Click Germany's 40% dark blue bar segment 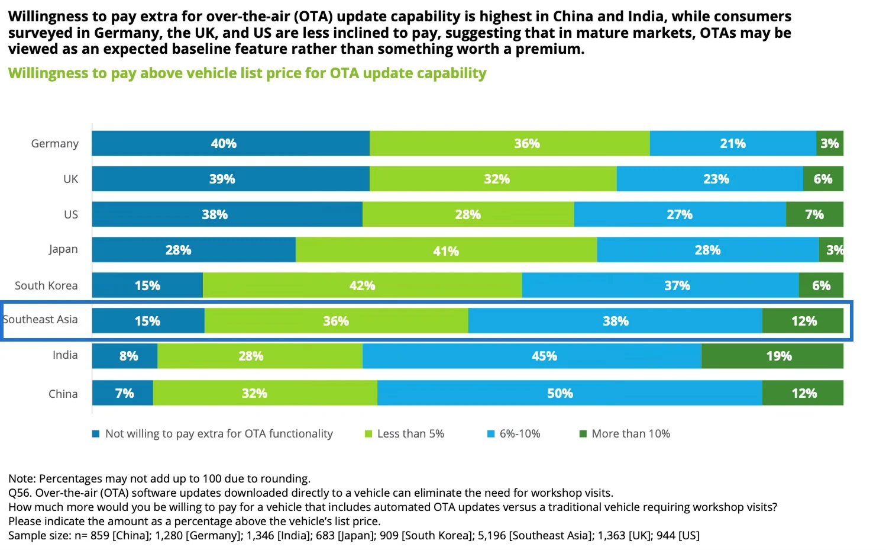231,143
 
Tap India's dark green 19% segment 772,356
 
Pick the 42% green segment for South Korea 362,285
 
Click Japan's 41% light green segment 446,250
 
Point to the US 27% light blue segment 680,214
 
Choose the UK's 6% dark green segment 823,179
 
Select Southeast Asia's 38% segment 615,321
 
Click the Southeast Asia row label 40,320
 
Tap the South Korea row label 46,285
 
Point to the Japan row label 63,249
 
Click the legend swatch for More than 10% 583,434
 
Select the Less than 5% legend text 410,434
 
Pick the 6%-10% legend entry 519,434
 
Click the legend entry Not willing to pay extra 219,434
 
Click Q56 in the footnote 20,493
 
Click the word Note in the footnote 21,479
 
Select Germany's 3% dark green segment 829,143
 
